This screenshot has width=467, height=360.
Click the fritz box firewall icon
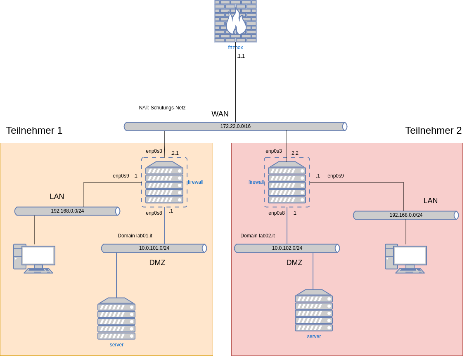[x=235, y=21]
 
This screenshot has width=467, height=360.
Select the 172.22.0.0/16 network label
[x=235, y=126]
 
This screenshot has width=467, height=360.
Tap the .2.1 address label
[x=175, y=153]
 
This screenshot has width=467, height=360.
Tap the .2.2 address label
[x=294, y=153]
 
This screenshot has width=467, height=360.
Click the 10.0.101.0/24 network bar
[x=154, y=248]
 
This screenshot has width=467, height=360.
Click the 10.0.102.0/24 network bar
[x=287, y=248]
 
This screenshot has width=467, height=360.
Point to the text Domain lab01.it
[x=135, y=236]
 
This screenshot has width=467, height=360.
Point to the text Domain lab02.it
[x=258, y=236]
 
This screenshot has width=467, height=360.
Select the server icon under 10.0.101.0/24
[x=116, y=318]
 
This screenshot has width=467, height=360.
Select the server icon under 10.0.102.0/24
[x=314, y=310]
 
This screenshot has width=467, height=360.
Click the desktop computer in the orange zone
[x=34, y=258]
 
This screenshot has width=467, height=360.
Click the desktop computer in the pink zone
[x=405, y=258]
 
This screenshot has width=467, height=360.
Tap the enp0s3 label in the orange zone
[x=154, y=151]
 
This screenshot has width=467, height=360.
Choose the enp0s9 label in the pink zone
[x=336, y=176]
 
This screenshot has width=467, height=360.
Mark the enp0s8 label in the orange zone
[x=154, y=213]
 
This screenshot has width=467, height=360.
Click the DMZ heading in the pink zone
[x=294, y=263]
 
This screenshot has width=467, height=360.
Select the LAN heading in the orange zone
[x=57, y=197]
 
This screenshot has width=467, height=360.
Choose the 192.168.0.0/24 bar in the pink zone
[x=406, y=215]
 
